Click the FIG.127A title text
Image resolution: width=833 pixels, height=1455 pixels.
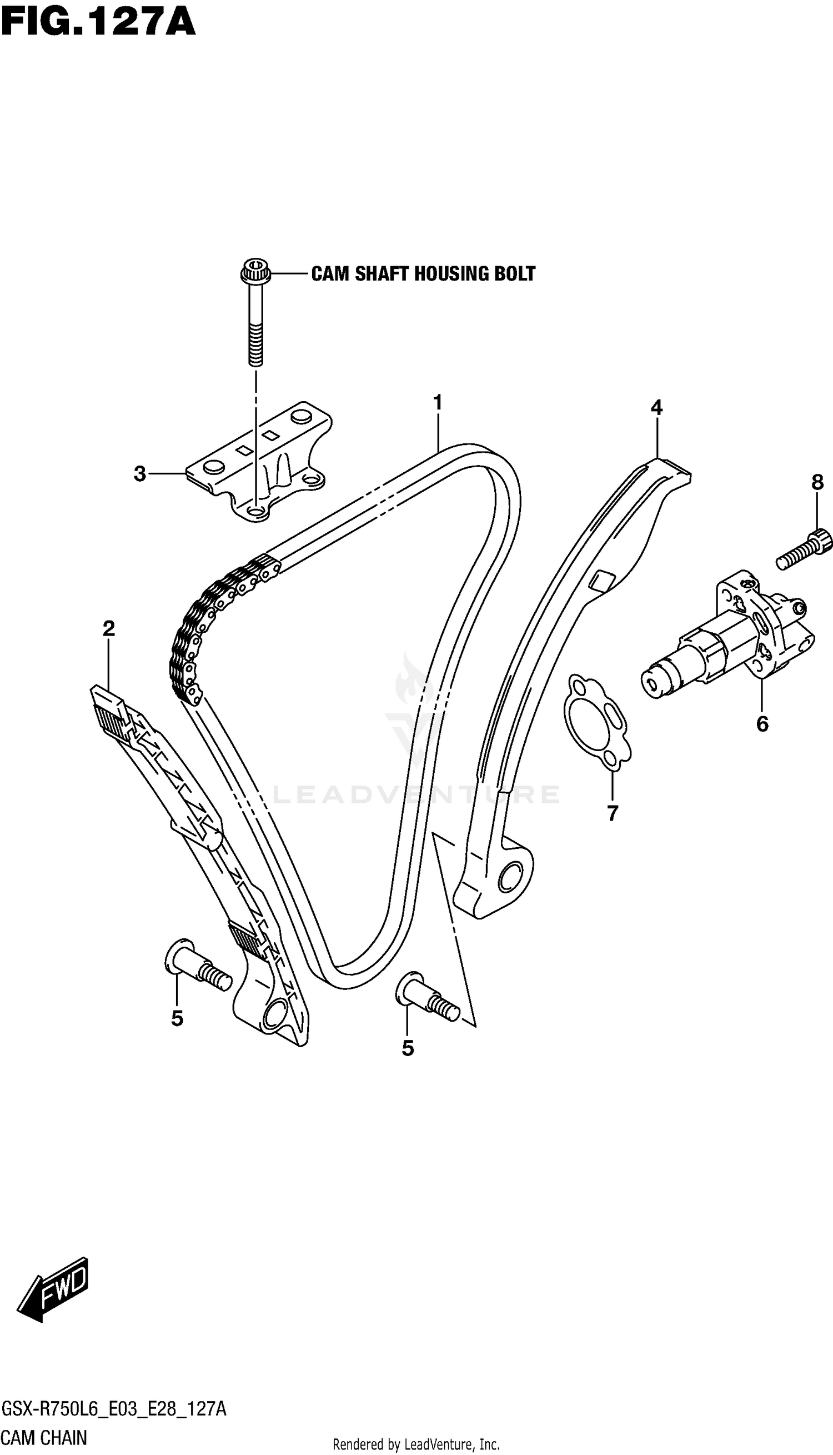pyautogui.click(x=98, y=23)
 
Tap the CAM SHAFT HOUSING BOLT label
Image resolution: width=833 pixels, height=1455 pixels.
pyautogui.click(x=423, y=274)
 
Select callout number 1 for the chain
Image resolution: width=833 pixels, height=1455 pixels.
pyautogui.click(x=438, y=403)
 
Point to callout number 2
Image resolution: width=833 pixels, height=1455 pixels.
pyautogui.click(x=109, y=629)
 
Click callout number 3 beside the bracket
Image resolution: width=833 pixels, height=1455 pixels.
pyautogui.click(x=140, y=474)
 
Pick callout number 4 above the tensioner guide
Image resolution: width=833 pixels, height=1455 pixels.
pyautogui.click(x=656, y=408)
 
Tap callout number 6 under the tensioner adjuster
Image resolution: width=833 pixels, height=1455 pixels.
pyautogui.click(x=762, y=724)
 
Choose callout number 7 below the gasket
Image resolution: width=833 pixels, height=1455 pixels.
pyautogui.click(x=612, y=813)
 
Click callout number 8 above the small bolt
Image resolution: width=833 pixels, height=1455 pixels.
pyautogui.click(x=817, y=483)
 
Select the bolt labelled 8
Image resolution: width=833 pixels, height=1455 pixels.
pyautogui.click(x=803, y=549)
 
